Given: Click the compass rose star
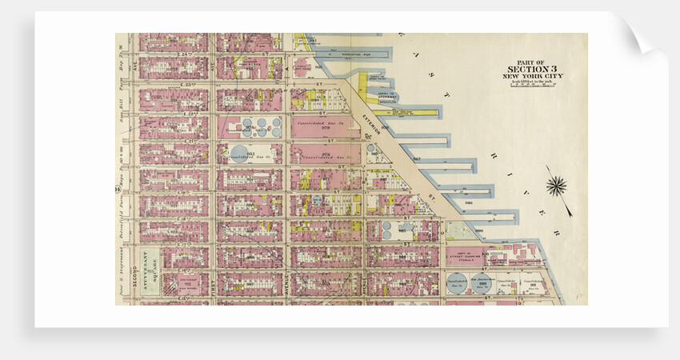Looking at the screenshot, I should click(557, 186).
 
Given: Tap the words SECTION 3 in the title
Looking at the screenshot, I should click(531, 69).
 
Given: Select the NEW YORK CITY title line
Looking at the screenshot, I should click(531, 76).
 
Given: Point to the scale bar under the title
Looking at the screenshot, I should click(531, 85).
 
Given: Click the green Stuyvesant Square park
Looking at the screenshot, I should click(150, 271).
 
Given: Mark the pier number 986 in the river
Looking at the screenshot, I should click(469, 203).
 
